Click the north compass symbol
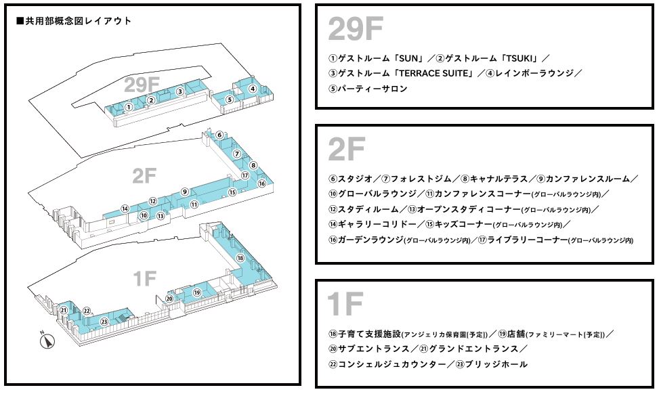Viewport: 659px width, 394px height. coord(47,341)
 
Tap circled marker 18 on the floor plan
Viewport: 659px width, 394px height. coord(240,258)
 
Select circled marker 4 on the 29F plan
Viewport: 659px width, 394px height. coord(252,89)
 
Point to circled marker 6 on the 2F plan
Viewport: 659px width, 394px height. coord(219,135)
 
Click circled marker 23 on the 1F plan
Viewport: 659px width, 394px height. coord(104,322)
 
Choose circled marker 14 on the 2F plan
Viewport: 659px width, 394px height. coord(125,209)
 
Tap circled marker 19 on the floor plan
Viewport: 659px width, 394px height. coord(197,292)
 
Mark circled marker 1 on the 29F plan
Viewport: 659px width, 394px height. coord(129,107)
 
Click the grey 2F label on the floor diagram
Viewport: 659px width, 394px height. coord(144,175)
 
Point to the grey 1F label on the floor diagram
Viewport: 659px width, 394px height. coord(144,278)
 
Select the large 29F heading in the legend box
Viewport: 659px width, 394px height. coord(355,28)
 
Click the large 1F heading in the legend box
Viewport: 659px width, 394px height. coord(345,304)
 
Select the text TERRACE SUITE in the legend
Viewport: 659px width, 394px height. coord(433,73)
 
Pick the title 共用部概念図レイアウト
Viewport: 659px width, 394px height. coord(74,21)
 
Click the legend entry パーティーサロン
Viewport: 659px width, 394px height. coord(373,89)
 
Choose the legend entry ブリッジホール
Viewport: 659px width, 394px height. coord(496,364)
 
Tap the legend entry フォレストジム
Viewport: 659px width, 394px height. coord(421,179)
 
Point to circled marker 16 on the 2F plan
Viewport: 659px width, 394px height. coord(261,183)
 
